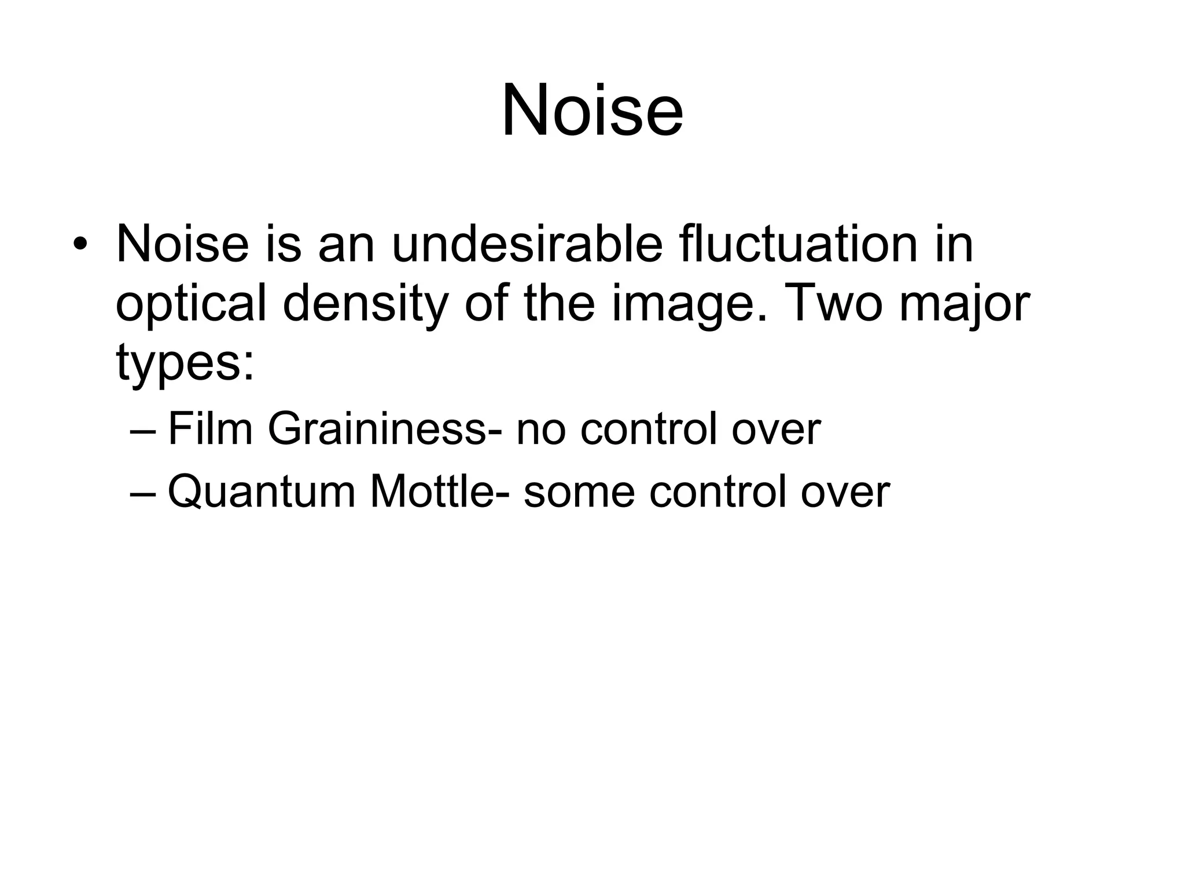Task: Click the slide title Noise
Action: (592, 110)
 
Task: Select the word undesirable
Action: (527, 244)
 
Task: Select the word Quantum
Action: (261, 492)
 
